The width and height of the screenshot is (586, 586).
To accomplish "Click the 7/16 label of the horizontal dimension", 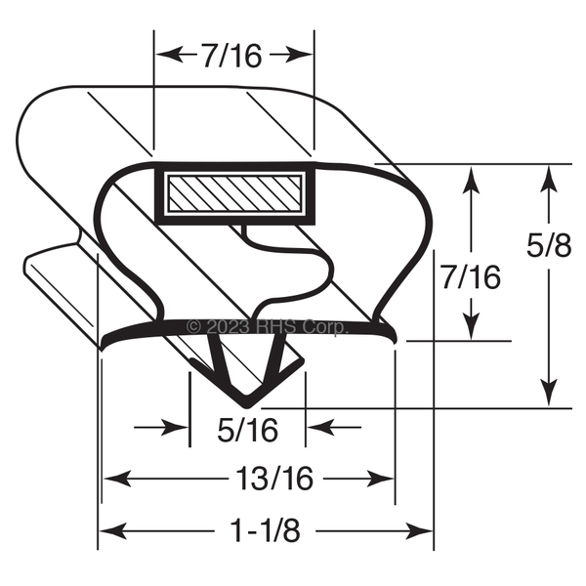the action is click(231, 56).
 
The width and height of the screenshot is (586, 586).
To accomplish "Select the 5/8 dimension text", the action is click(549, 246).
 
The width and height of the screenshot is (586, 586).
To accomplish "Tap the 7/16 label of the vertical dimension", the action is click(471, 277).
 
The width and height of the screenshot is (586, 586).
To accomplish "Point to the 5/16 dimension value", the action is click(248, 430).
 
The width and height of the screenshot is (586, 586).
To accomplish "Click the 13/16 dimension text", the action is click(274, 478).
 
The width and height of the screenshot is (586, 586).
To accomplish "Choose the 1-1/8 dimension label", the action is click(266, 530).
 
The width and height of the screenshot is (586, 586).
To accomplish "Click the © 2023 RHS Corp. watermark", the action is click(268, 327).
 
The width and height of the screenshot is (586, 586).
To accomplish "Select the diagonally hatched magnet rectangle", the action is click(234, 193).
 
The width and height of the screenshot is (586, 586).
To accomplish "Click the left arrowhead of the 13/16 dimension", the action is click(117, 479).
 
